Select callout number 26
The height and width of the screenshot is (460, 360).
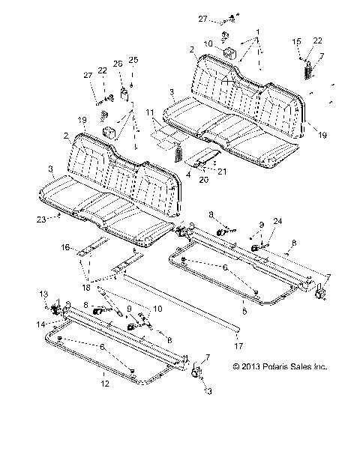(x=117, y=64)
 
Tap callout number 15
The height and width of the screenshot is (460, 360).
(x=296, y=40)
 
